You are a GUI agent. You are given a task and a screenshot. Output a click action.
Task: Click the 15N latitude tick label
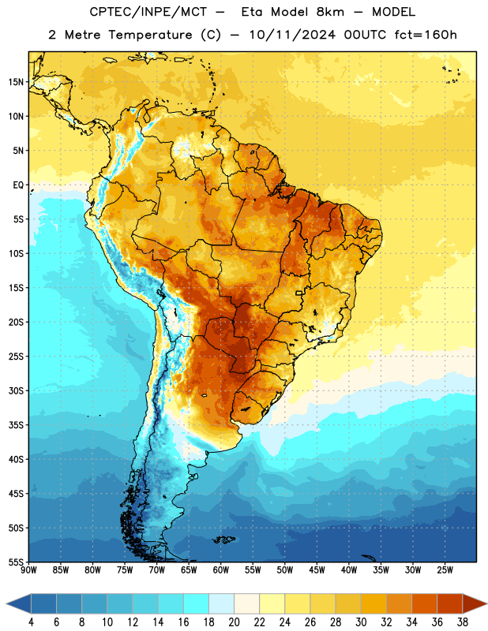point(16,82)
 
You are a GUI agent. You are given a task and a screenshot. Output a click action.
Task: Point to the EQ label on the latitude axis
point(18,185)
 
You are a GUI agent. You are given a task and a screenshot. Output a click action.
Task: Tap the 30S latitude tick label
point(16,390)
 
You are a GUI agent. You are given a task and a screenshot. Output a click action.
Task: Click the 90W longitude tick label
point(28,569)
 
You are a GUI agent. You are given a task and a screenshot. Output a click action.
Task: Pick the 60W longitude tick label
point(221,569)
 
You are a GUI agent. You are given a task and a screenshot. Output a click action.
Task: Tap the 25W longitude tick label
point(445,569)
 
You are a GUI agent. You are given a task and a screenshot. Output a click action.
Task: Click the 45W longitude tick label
point(317,569)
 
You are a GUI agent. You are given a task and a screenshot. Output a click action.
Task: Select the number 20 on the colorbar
point(234,622)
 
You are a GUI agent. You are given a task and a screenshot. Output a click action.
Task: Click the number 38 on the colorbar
point(462,622)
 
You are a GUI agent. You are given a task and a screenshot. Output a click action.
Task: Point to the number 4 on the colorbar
point(31,622)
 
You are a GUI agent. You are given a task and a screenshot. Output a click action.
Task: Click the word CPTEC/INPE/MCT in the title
point(148,12)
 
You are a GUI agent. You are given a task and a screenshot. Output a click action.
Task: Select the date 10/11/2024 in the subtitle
point(292,35)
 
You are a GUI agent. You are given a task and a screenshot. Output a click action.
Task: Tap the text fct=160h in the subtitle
point(426,35)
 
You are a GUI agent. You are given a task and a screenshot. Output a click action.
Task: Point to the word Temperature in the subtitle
point(150,35)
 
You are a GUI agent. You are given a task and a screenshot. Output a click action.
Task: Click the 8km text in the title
point(330,12)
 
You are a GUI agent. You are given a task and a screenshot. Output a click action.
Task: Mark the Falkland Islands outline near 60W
point(224,540)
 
